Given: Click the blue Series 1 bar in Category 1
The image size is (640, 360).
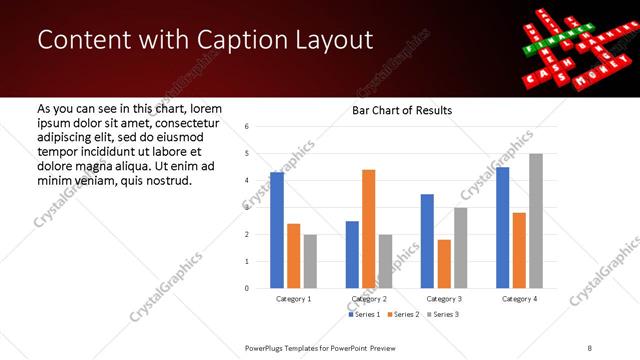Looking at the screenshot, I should click(x=277, y=230).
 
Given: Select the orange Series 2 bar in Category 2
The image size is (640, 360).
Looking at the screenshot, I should click(x=368, y=229).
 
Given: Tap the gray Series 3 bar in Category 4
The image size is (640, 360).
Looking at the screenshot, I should click(x=535, y=221).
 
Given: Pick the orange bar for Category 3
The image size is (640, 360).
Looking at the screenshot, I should click(x=444, y=264).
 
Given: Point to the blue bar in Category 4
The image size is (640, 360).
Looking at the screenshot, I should click(x=502, y=228).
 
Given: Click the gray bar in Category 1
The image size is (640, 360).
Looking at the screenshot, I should click(x=310, y=261).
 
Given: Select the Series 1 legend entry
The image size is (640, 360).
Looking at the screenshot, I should click(x=365, y=315).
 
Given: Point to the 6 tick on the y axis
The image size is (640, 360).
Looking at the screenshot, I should click(x=247, y=127).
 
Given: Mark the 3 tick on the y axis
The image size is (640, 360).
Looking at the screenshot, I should click(x=247, y=208).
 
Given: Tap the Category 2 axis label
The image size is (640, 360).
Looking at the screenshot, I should click(x=368, y=299).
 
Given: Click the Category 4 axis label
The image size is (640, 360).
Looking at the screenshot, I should click(x=519, y=299).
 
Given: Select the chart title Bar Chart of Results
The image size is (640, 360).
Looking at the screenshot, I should click(x=402, y=110).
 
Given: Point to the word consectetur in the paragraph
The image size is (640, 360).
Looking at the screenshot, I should click(x=178, y=120).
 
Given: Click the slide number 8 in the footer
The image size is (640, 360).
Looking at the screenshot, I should click(x=589, y=346).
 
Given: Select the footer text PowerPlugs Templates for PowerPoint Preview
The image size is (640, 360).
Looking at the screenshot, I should click(x=328, y=346).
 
